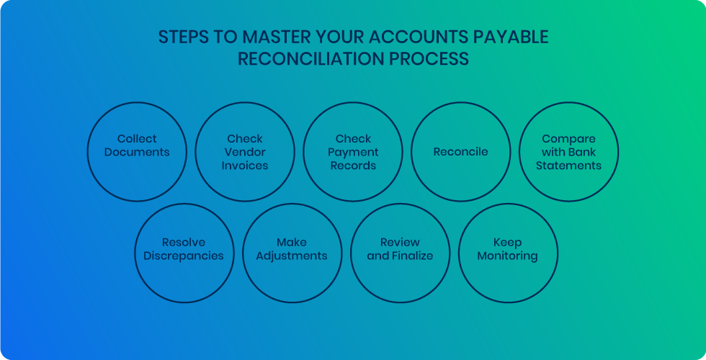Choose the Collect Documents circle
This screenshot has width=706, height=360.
137,151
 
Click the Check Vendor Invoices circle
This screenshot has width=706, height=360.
245,151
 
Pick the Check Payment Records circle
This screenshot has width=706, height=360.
353,151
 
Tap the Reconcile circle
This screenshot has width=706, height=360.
461,151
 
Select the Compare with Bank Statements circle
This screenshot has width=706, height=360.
569,151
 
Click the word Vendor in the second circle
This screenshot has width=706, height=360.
245,152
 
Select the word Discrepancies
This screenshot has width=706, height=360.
184,256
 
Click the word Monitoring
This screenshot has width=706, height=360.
508,256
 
